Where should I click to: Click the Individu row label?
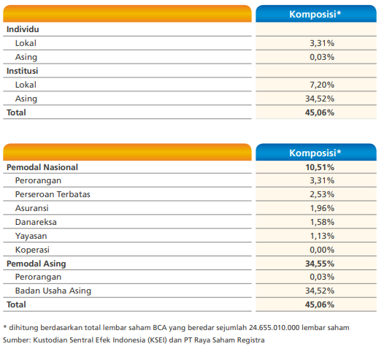pos(23,29)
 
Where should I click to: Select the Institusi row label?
pos(22,71)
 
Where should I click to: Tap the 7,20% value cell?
pos(322,85)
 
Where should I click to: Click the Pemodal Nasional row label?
pos(42,167)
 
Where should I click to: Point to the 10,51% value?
pos(320,167)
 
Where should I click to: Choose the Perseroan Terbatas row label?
pos(53,194)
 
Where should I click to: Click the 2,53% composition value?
pos(322,194)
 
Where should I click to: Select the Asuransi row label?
pos(32,208)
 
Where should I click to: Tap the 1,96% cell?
pos(322,208)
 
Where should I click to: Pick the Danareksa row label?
pos(36,222)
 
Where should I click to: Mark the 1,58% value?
pos(322,222)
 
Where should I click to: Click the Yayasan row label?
pos(31,236)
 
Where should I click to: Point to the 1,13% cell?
pos(322,236)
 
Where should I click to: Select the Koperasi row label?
pos(32,250)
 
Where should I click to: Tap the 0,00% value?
pos(322,250)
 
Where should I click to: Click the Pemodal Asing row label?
pos(37,264)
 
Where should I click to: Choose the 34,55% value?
pos(320,264)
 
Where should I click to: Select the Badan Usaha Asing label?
pos(53,291)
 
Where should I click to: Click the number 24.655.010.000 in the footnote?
pos(275,328)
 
